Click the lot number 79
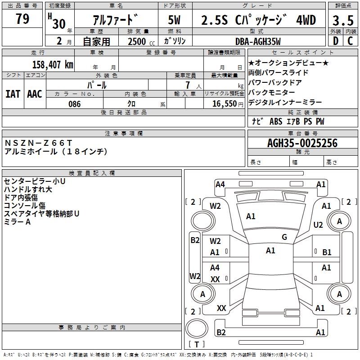22,19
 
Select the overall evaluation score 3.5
343,21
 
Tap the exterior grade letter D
335,41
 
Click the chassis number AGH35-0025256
302,143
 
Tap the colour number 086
74,104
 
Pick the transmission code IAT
13,94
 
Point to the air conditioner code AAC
35,94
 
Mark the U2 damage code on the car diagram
318,225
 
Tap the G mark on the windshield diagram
284,237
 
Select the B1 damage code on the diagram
327,252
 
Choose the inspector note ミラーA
17,222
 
